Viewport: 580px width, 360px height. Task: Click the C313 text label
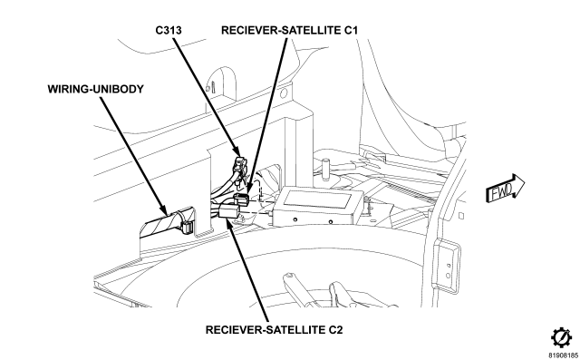[169, 30]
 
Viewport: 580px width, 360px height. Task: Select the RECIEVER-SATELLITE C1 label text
[289, 30]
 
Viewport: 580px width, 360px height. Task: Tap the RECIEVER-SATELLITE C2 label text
[274, 329]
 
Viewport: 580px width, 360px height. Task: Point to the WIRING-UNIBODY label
[95, 89]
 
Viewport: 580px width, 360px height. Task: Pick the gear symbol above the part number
[562, 338]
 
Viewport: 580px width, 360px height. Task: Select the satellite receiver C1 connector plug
[242, 199]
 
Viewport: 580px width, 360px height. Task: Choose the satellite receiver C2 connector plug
[228, 212]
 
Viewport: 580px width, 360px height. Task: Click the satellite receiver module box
[318, 207]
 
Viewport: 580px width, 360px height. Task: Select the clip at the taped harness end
[188, 227]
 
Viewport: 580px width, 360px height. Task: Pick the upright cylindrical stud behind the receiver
[325, 170]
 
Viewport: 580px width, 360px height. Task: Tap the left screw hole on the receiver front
[295, 219]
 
